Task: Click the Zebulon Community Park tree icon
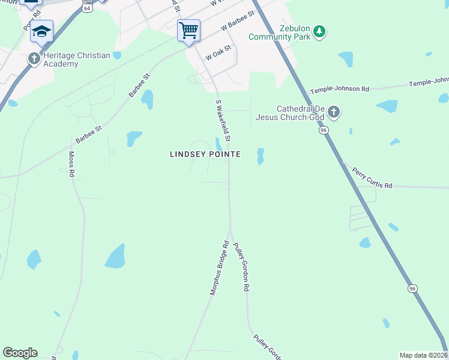pos(320,31)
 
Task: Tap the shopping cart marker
pos(188,29)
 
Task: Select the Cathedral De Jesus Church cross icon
pos(334,112)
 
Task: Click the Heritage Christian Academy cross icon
pos(34,59)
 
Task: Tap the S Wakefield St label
pos(223,121)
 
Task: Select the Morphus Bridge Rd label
pos(220,268)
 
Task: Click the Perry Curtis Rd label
pos(372,178)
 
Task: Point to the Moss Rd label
pos(71,164)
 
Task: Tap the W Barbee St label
pos(239,23)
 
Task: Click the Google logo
pos(20,353)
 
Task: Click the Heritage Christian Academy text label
pos(76,59)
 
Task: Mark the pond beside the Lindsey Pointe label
pos(218,144)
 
